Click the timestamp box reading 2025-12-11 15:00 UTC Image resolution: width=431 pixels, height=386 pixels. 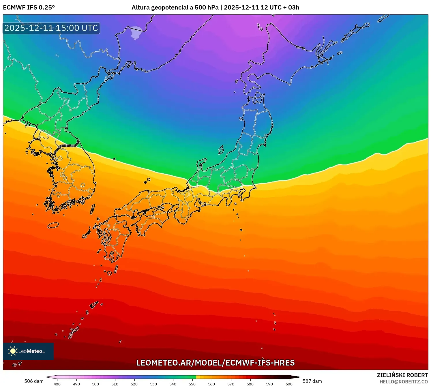pyautogui.click(x=51, y=28)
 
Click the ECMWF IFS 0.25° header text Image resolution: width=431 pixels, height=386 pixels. pyautogui.click(x=29, y=8)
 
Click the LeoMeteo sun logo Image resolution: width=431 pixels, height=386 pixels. pyautogui.click(x=13, y=351)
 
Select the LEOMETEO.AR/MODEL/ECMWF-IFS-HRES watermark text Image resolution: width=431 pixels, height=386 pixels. pyautogui.click(x=215, y=363)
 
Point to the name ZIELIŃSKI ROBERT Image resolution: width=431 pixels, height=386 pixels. pyautogui.click(x=402, y=375)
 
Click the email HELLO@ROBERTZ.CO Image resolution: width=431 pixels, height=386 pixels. pyautogui.click(x=403, y=382)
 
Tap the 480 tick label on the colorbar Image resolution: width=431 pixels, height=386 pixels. pyautogui.click(x=57, y=384)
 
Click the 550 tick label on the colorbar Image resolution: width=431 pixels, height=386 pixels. pyautogui.click(x=192, y=384)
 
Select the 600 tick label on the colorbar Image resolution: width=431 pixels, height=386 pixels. pyautogui.click(x=289, y=384)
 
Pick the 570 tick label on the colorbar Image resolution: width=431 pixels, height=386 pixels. pyautogui.click(x=231, y=384)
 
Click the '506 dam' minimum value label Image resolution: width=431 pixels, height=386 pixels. pyautogui.click(x=34, y=381)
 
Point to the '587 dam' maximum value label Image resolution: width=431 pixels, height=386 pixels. pyautogui.click(x=312, y=381)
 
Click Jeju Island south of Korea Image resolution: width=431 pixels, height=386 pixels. pyautogui.click(x=53, y=225)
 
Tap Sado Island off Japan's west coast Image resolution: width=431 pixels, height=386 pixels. pyautogui.click(x=221, y=150)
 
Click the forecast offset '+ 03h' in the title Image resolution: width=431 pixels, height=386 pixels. pyautogui.click(x=292, y=8)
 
